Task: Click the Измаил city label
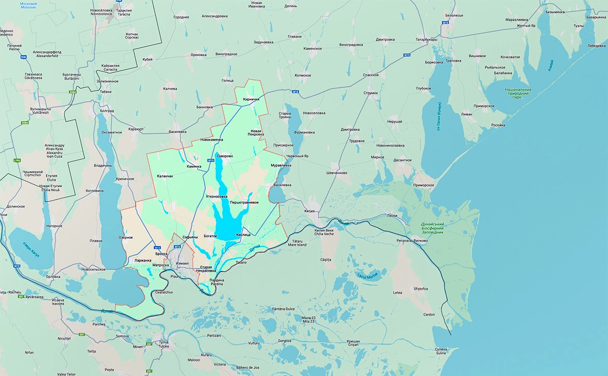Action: [182, 263]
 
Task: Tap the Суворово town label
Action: [225, 156]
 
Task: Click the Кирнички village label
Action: [251, 99]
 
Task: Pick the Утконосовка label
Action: [216, 197]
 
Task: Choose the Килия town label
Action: [309, 211]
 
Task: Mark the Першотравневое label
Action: [244, 202]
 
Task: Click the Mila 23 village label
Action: [309, 320]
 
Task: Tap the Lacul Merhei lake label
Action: [367, 276]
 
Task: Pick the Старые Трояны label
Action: [285, 115]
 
